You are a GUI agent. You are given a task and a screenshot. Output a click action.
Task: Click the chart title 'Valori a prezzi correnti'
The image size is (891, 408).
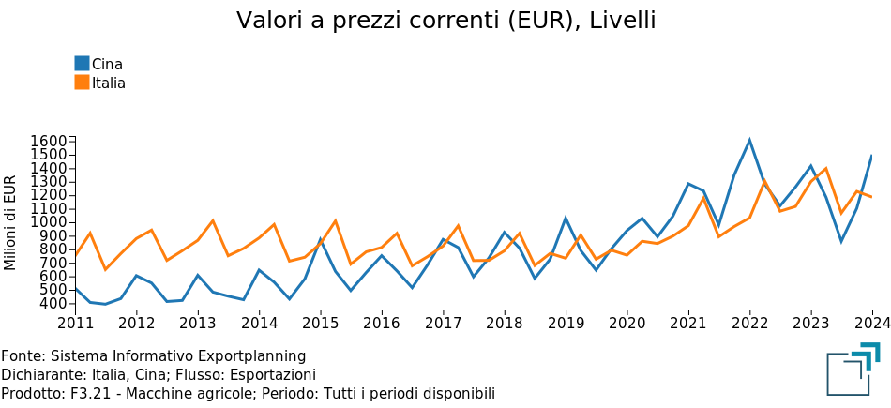[445, 21]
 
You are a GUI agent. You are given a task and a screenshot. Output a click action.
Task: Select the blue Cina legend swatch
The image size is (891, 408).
[83, 64]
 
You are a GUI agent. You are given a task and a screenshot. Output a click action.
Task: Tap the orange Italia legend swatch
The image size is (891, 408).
[83, 83]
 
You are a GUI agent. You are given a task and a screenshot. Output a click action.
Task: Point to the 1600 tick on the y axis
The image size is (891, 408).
[48, 141]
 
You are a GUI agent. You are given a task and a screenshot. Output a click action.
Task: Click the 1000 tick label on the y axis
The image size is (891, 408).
[48, 222]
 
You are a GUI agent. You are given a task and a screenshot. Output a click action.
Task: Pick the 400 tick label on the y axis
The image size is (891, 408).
[52, 304]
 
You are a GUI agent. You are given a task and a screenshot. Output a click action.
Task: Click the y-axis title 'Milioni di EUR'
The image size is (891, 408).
[11, 222]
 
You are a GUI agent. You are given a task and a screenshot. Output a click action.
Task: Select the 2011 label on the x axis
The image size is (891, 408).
[76, 324]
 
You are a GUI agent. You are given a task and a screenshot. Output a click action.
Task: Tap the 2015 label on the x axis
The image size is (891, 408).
[321, 324]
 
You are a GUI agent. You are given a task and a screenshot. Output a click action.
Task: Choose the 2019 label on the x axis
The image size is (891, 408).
[566, 324]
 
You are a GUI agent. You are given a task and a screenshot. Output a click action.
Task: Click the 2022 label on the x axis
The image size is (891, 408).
[749, 324]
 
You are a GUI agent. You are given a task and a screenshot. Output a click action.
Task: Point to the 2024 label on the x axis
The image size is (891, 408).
[871, 324]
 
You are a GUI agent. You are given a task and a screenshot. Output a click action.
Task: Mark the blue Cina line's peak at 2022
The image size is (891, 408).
[749, 141]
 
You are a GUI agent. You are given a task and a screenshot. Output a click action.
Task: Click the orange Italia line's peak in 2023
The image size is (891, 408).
[825, 169]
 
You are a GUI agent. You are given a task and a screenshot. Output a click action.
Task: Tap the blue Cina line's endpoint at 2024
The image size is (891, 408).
[871, 156]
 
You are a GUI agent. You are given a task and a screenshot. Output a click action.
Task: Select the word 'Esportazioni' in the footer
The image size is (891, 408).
[272, 375]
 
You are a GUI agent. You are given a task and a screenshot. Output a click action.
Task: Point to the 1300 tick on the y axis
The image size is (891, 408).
[48, 182]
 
